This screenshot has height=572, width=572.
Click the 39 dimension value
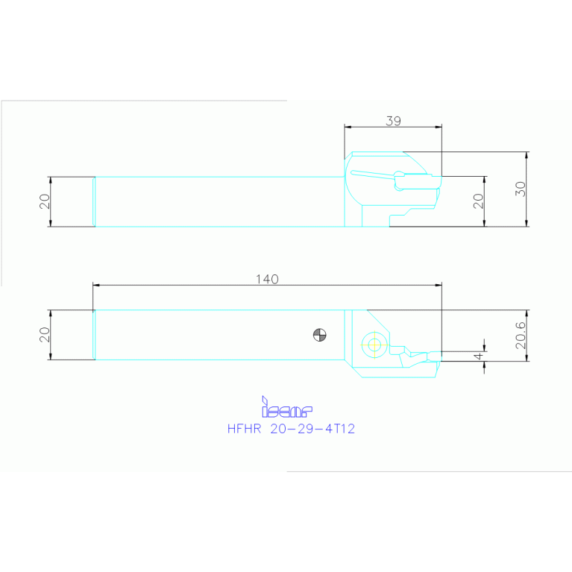click(x=392, y=120)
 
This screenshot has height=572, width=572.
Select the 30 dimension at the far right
click(x=521, y=189)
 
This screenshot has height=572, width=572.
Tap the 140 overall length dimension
click(x=266, y=279)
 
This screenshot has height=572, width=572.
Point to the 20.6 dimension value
click(x=521, y=336)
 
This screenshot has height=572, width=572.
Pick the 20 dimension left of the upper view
click(x=45, y=201)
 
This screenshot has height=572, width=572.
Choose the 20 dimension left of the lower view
click(x=45, y=335)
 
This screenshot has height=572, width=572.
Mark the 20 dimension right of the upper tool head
click(x=479, y=200)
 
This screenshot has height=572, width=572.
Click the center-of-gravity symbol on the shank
click(x=320, y=335)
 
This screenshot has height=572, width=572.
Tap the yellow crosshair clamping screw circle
click(x=373, y=344)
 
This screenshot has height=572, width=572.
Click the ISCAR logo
click(x=286, y=408)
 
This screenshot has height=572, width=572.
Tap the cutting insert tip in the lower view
click(x=440, y=353)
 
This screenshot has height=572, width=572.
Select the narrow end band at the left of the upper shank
click(x=94, y=201)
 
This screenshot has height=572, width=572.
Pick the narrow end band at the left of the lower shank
click(x=94, y=335)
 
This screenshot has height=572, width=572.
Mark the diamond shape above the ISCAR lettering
click(x=264, y=399)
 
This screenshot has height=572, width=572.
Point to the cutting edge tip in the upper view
click(x=441, y=177)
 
